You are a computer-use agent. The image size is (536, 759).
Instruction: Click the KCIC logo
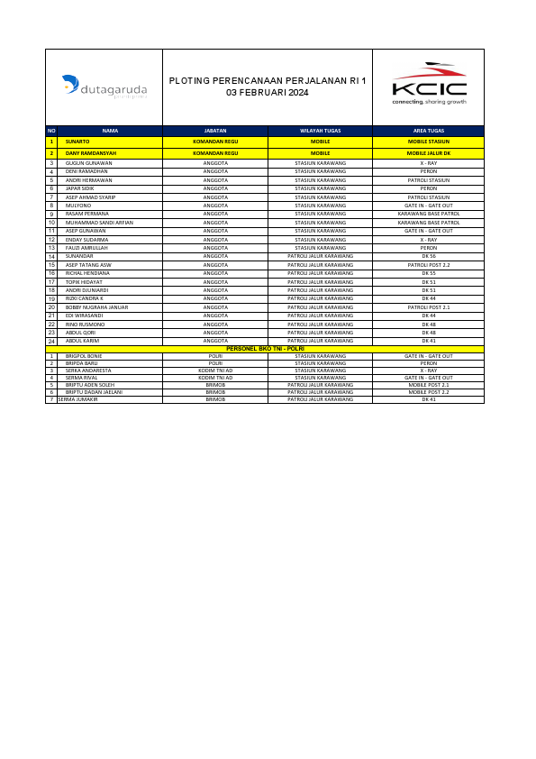point(428,87)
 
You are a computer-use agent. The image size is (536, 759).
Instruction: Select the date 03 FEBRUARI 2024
point(268,93)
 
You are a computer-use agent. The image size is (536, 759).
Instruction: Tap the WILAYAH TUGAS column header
point(320,131)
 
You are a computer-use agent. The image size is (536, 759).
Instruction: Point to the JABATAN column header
point(215,131)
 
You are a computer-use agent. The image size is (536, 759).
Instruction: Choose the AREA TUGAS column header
point(428,131)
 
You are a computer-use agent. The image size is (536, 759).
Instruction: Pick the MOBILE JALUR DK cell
point(428,153)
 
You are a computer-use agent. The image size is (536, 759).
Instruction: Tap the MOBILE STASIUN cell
point(428,142)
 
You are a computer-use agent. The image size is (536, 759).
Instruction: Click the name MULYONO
point(78,206)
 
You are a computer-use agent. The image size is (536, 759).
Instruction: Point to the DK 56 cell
point(428,257)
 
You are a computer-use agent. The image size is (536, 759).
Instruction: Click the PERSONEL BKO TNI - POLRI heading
point(266,349)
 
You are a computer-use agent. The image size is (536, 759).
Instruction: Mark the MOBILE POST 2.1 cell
point(428,385)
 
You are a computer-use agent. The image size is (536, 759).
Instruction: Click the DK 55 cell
point(428,273)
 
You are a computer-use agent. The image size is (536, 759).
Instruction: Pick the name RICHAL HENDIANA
point(87,273)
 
